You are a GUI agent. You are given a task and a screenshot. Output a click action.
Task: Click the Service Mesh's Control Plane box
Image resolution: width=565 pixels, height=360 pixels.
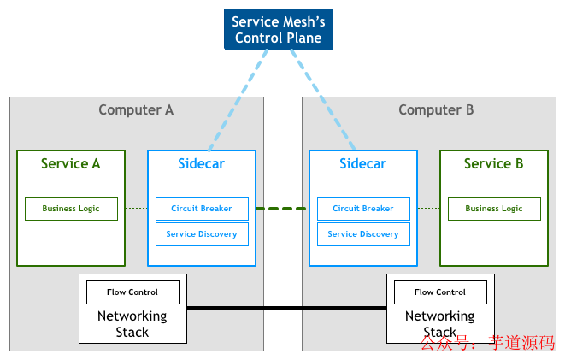[x=277, y=29]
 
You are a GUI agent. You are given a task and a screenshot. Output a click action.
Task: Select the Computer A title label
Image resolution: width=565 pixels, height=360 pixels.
[x=136, y=109]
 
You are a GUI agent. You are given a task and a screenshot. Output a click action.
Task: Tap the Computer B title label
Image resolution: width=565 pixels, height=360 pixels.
[x=436, y=109]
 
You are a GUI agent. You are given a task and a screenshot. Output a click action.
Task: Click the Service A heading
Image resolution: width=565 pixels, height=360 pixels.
[x=70, y=163]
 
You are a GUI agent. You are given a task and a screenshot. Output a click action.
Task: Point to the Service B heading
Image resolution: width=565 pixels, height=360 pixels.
[x=493, y=163]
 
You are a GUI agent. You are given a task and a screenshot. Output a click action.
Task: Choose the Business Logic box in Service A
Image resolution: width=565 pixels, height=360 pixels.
[x=71, y=209]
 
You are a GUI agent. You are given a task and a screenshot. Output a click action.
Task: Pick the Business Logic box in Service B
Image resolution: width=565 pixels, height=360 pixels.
[x=494, y=209]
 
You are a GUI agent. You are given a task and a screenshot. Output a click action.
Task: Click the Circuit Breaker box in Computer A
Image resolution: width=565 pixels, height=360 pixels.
[x=202, y=209]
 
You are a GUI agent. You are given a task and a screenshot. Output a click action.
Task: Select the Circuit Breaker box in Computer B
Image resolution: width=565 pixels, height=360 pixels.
[x=363, y=209]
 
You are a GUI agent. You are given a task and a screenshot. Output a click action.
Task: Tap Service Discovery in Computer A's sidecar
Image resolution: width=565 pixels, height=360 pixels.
[x=202, y=234]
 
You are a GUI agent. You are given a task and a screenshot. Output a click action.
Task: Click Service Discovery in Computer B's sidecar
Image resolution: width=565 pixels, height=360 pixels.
[x=363, y=234]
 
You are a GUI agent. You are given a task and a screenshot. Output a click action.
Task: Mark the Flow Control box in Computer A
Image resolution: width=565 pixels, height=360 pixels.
[x=132, y=292]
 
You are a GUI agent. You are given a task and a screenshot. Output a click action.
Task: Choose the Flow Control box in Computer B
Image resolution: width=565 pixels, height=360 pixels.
[x=440, y=292]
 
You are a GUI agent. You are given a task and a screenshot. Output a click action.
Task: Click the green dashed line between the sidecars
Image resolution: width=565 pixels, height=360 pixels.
[x=281, y=209]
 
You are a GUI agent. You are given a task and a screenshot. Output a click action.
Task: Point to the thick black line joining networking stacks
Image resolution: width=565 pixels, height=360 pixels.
[x=286, y=308]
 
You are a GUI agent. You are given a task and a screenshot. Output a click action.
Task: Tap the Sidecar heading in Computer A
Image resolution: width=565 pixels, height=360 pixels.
[x=202, y=163]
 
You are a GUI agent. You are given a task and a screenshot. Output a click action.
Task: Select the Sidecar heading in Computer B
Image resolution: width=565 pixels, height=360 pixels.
[x=362, y=163]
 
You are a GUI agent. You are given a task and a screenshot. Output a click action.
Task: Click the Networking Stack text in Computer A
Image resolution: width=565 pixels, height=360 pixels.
[x=132, y=324]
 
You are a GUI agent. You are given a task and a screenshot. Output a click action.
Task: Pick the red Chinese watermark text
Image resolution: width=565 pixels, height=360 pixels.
[x=486, y=344]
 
